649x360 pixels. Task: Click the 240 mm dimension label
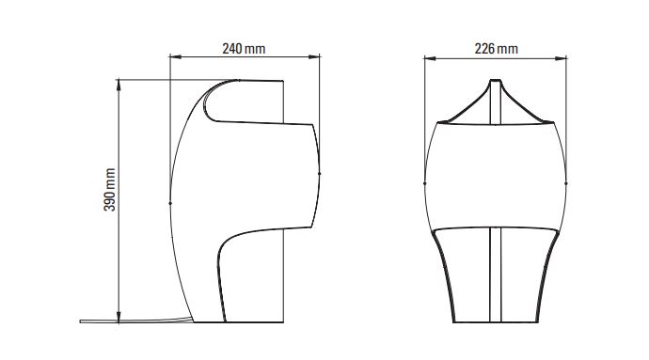pyautogui.click(x=244, y=49)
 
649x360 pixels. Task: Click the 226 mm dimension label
pyautogui.click(x=497, y=49)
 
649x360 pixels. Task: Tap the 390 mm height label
pyautogui.click(x=110, y=190)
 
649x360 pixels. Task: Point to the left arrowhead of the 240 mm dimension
pyautogui.click(x=176, y=56)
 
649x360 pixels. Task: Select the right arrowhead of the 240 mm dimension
pyautogui.click(x=314, y=56)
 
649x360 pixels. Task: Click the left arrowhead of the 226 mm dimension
pyautogui.click(x=430, y=58)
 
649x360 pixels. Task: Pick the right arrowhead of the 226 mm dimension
pyautogui.click(x=561, y=58)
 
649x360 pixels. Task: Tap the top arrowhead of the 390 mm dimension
pyautogui.click(x=119, y=85)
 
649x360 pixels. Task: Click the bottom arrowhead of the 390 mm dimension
pyautogui.click(x=119, y=317)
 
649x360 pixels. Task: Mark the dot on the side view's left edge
pyautogui.click(x=170, y=203)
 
